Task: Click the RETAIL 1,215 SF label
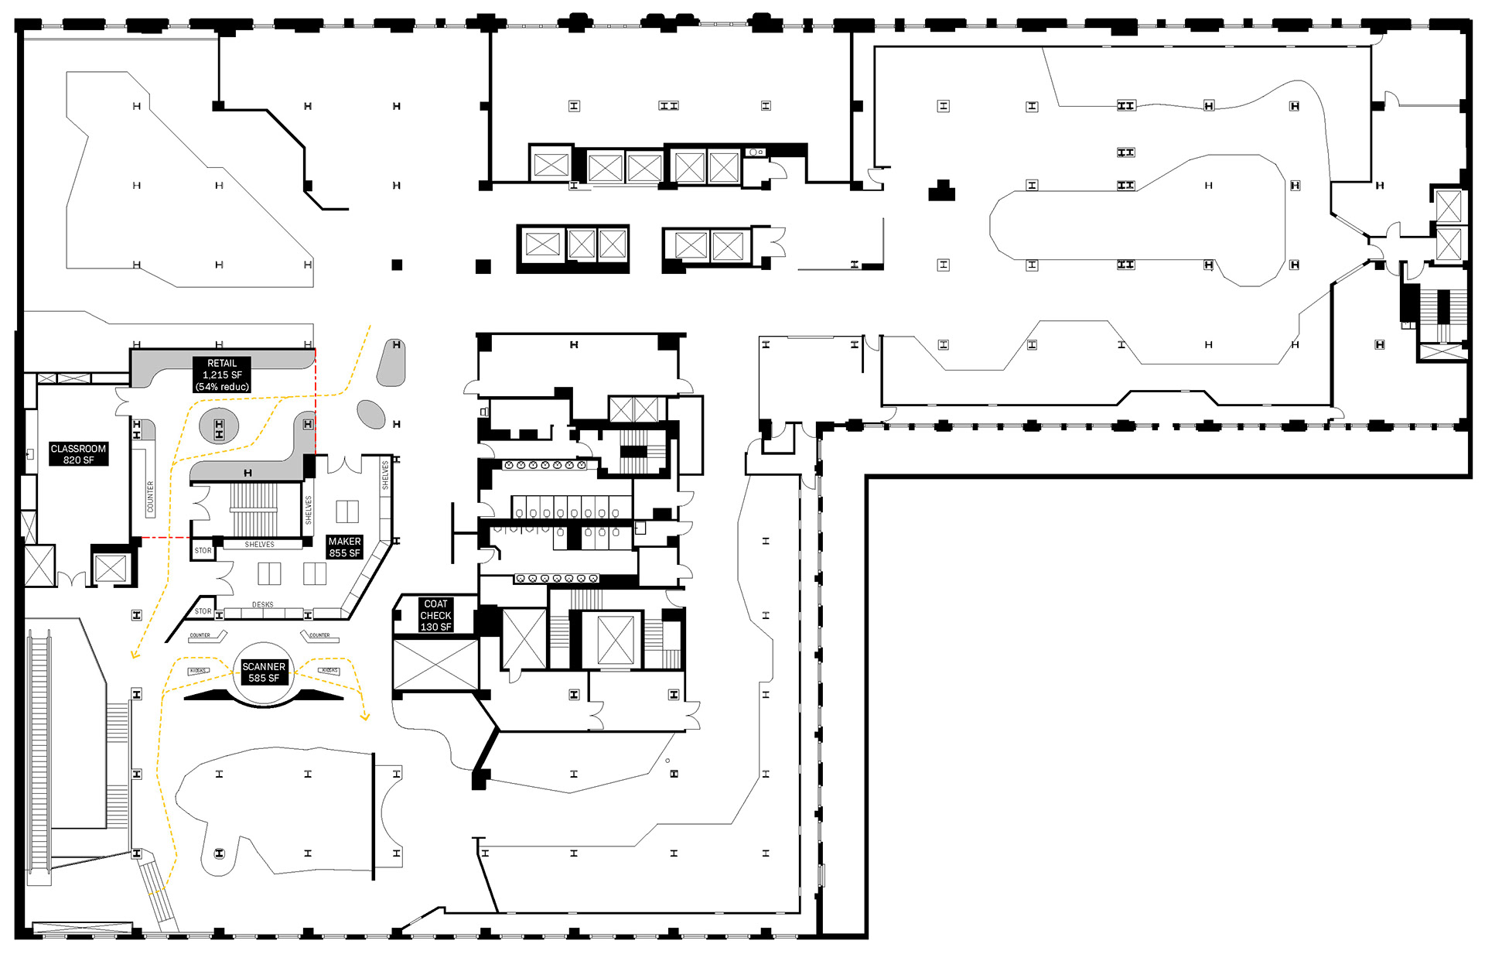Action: (222, 374)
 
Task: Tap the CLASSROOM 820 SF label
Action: (78, 454)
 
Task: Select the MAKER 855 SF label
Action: (344, 547)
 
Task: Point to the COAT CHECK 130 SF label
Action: (435, 615)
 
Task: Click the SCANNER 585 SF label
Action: (264, 672)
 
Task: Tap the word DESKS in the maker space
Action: (262, 604)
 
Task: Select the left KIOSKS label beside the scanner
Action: (198, 671)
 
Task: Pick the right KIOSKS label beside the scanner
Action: (329, 670)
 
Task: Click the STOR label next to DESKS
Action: (203, 611)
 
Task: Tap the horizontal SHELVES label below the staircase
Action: (259, 545)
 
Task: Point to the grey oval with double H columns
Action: (219, 427)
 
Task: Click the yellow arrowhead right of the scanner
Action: (365, 717)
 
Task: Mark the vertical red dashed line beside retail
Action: (316, 402)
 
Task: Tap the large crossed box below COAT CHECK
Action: (435, 664)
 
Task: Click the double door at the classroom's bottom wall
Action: (72, 579)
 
